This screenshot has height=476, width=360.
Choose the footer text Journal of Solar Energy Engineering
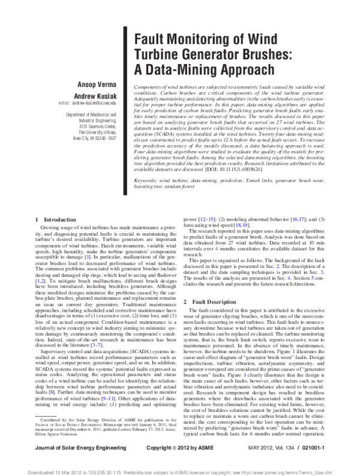(75, 447)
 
